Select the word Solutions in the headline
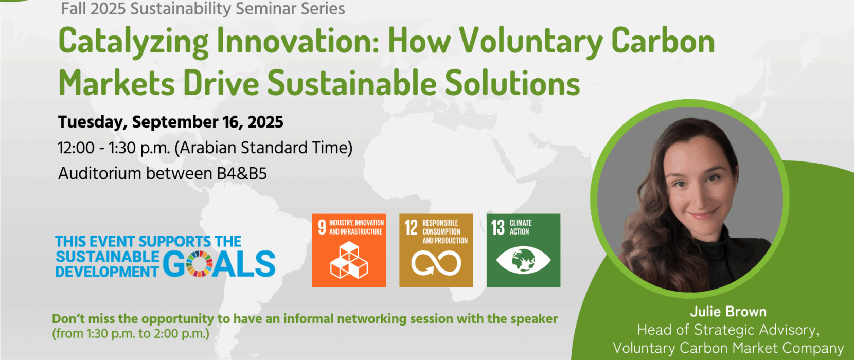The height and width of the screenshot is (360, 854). pos(512,83)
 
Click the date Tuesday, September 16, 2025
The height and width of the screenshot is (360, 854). pos(170,122)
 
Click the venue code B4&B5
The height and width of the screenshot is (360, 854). pos(242,174)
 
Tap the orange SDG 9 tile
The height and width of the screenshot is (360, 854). pos(349,250)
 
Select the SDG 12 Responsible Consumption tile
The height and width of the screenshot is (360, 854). pos(436,250)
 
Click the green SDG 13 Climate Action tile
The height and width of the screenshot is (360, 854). pos(523,250)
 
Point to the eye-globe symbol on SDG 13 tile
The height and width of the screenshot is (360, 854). pos(523,260)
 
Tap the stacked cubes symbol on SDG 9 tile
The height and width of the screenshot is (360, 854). pos(349,260)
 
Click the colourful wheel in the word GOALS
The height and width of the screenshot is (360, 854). pos(199,264)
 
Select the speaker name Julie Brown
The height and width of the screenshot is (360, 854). pos(728,312)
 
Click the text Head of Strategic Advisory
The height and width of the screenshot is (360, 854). pos(728,330)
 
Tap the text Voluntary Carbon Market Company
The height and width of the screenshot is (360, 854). pos(728,348)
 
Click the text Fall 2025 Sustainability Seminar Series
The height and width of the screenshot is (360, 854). pos(203,9)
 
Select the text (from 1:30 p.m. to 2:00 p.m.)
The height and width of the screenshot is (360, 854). pos(131,334)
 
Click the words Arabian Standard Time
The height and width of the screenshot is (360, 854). pos(263,148)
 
